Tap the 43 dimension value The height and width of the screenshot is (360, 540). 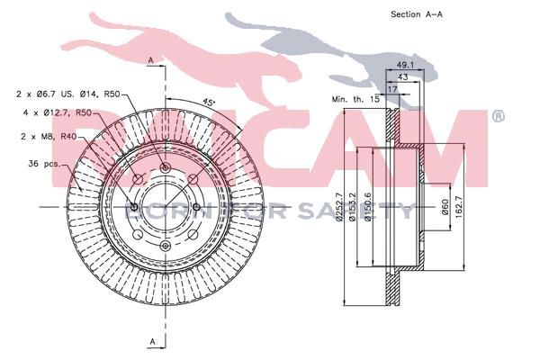[x=403, y=77]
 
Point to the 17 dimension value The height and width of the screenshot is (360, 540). [x=392, y=89]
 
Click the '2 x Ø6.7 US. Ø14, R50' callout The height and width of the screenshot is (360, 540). [x=67, y=94]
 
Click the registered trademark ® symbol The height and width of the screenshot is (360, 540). [x=499, y=117]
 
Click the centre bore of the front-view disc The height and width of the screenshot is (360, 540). [x=164, y=208]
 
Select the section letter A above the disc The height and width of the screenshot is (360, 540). [x=150, y=59]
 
